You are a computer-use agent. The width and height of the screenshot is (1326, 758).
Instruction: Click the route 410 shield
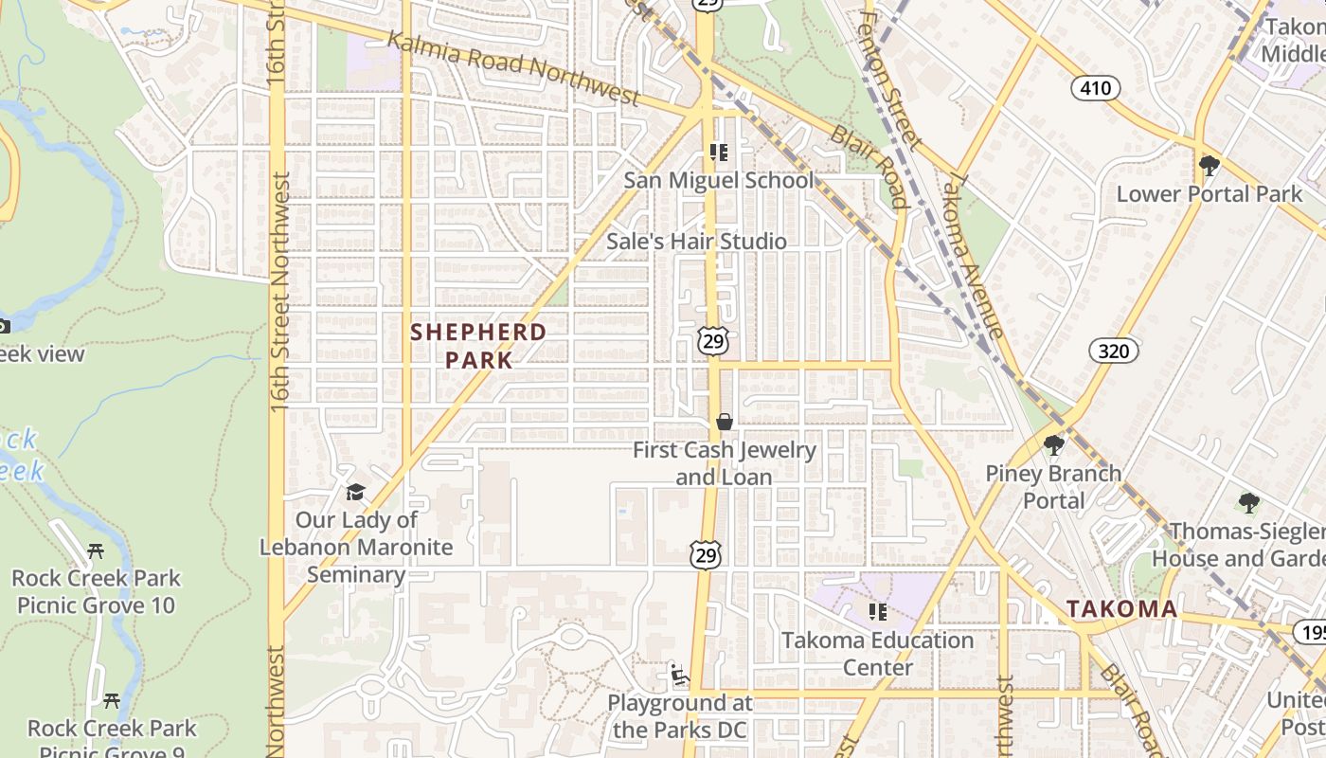click(x=1096, y=89)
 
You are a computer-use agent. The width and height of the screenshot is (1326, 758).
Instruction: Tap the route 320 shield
click(x=1114, y=352)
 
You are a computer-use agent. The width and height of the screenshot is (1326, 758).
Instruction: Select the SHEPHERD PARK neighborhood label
click(x=478, y=346)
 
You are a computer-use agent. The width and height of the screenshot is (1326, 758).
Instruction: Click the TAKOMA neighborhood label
click(x=1122, y=609)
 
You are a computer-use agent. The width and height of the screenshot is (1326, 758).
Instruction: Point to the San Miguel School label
click(x=718, y=180)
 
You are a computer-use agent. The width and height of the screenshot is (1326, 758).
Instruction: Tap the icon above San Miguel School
click(x=718, y=152)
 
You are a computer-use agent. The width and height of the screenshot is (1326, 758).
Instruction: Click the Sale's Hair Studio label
click(x=696, y=242)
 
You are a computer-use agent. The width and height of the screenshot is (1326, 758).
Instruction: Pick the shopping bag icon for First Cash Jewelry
click(x=725, y=422)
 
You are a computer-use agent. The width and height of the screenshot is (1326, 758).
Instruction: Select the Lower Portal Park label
click(x=1210, y=194)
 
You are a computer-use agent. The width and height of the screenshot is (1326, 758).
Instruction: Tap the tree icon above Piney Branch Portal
click(x=1053, y=445)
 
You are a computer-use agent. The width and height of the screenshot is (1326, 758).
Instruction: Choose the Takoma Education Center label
click(x=877, y=654)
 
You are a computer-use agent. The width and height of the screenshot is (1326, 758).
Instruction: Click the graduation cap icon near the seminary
click(x=355, y=492)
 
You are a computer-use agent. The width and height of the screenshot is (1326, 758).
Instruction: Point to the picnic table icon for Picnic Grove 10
click(x=95, y=550)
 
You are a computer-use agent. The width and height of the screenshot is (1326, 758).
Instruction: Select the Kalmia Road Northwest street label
click(x=513, y=65)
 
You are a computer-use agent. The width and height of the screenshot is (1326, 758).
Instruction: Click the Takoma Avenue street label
click(x=975, y=256)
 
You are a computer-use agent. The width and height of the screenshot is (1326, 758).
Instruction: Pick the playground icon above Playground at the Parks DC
click(x=679, y=675)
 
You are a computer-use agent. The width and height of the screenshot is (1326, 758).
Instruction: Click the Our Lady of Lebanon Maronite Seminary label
click(x=356, y=547)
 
